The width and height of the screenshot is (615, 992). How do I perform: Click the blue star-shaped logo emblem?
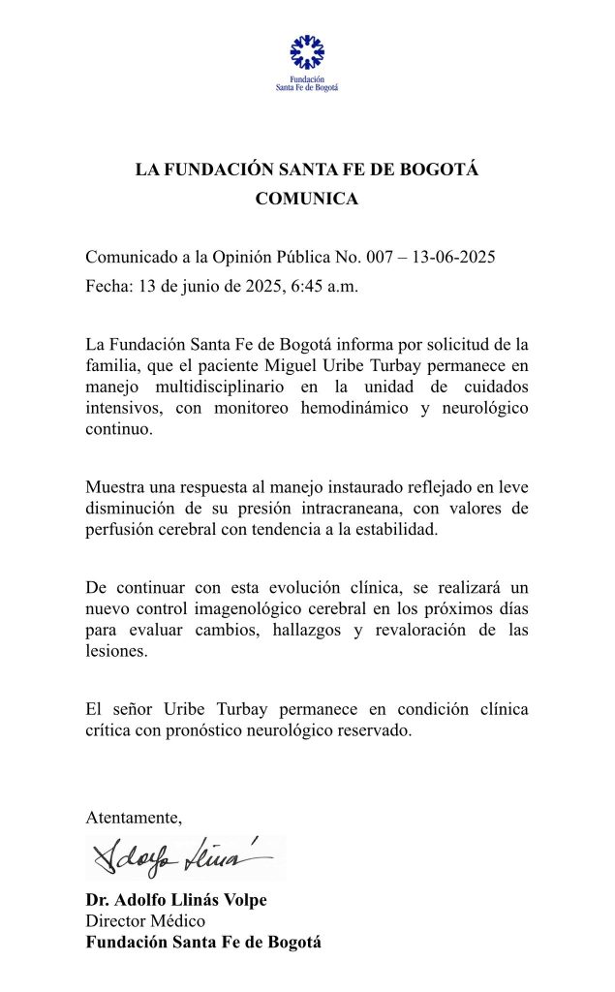[x=307, y=52]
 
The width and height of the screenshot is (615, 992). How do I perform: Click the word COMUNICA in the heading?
[x=307, y=200]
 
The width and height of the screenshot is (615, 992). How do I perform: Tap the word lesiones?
[x=114, y=653]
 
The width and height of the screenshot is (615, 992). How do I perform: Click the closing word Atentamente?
[x=134, y=817]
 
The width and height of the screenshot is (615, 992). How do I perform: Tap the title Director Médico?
[x=145, y=921]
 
